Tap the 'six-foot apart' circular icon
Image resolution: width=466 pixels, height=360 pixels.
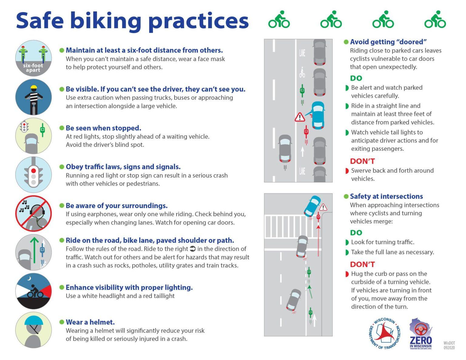pos(33,58)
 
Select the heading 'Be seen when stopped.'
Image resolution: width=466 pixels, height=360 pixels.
pos(103,128)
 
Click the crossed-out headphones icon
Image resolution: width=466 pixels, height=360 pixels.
pos(33,214)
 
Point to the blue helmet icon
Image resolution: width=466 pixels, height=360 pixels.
pos(33,330)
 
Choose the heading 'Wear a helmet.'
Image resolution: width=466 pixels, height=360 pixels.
pos(90,322)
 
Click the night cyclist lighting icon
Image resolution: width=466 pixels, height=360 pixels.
pos(33,291)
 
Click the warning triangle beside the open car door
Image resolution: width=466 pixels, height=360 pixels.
pos(300,117)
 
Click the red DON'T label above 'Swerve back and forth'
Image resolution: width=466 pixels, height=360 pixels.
pos(362,161)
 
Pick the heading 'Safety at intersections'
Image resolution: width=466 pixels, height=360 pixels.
pos(386,196)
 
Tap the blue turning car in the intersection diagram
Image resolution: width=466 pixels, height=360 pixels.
pos(312,206)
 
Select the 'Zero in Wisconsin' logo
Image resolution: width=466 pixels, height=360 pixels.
pos(420,334)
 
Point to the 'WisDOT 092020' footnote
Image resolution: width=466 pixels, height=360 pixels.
pos(449,345)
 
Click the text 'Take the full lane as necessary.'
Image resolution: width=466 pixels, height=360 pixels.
pos(392,252)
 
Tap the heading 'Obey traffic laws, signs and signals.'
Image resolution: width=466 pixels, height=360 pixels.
pos(123,167)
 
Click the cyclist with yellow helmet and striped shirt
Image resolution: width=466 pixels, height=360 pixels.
pos(33,97)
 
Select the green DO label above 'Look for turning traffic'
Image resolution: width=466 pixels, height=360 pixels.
pos(356,233)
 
